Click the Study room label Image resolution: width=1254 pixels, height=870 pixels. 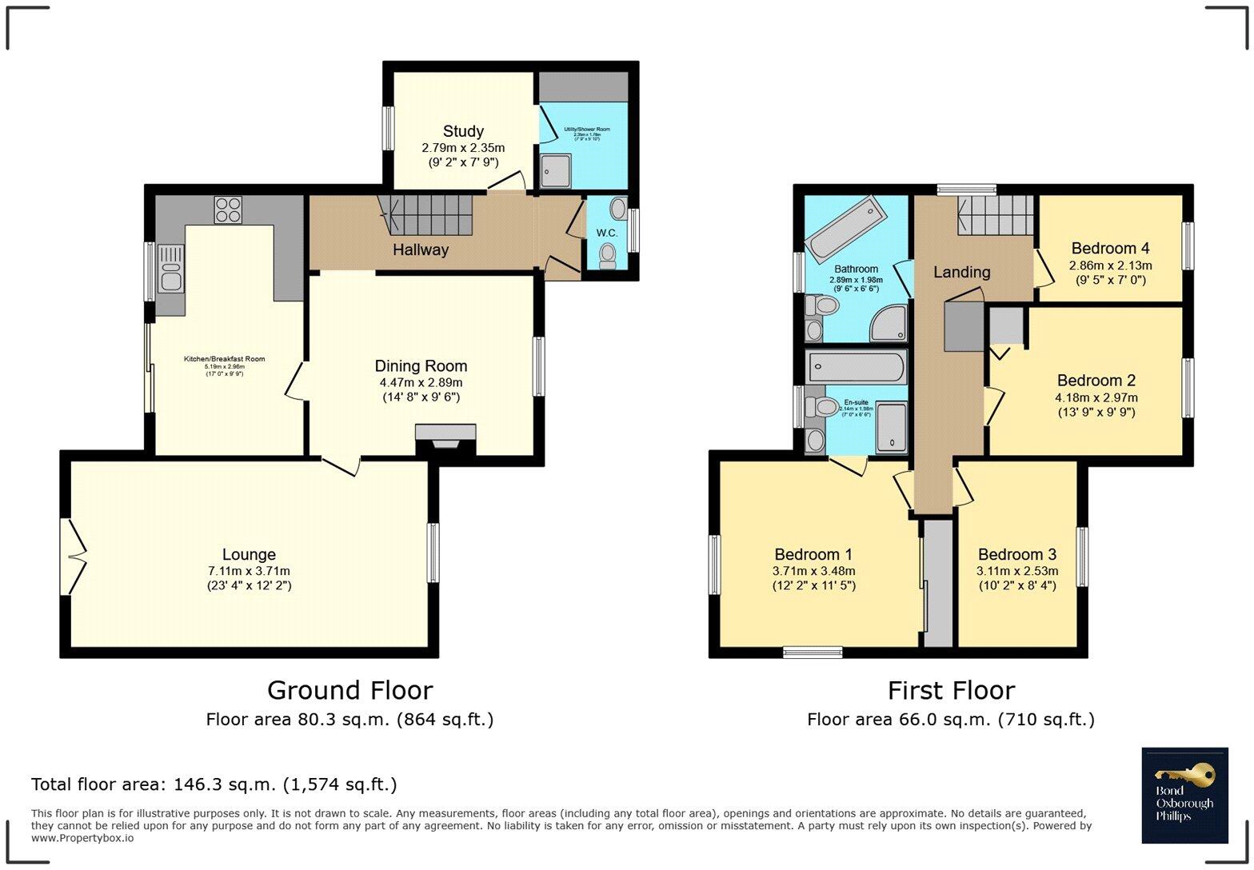pos(463,131)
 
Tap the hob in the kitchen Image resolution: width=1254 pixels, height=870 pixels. pos(227,210)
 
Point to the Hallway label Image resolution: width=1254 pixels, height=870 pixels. pos(420,250)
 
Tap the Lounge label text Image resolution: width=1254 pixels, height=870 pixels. pos(249,554)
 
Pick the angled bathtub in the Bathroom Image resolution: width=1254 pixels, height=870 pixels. pos(845,228)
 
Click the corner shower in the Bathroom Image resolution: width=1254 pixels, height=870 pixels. pos(889,323)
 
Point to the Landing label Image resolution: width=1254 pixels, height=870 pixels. pos(961,272)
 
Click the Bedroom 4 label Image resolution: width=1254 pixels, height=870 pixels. pos(1110,248)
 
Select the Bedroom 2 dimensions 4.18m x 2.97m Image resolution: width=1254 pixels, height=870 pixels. pos(1096,397)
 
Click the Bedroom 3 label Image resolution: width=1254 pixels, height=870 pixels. pos(1016,554)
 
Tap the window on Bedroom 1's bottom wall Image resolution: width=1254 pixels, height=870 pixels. pos(813,652)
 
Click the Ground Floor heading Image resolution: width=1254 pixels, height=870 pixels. pos(349,690)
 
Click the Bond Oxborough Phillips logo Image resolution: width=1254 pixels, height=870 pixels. pos(1184,795)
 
